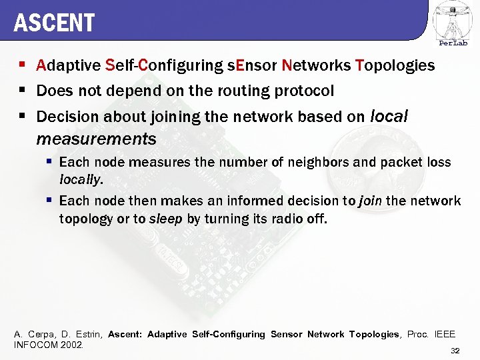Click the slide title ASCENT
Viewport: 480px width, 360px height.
54,23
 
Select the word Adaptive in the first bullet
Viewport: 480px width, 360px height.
69,65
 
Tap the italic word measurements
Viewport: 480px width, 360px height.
96,139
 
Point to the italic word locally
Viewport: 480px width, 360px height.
80,179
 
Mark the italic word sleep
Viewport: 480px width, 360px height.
165,218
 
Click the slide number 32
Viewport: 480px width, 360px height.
455,351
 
